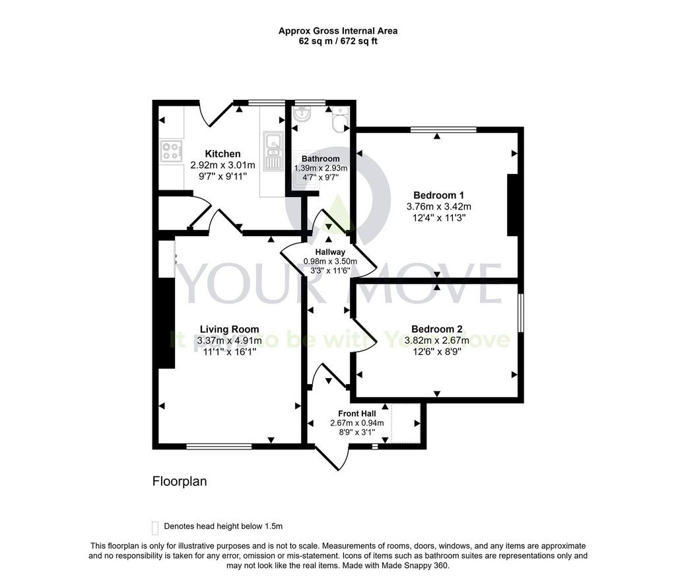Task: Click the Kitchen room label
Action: pyautogui.click(x=222, y=153)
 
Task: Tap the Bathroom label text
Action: pyautogui.click(x=320, y=159)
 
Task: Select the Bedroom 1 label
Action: pyautogui.click(x=438, y=195)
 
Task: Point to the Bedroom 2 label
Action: pyautogui.click(x=437, y=329)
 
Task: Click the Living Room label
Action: pyautogui.click(x=229, y=329)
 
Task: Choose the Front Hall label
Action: pyautogui.click(x=357, y=413)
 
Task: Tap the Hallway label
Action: pyautogui.click(x=330, y=252)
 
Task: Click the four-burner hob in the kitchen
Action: pyautogui.click(x=171, y=151)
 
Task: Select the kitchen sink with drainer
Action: pyautogui.click(x=273, y=151)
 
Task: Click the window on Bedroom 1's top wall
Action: pyautogui.click(x=444, y=129)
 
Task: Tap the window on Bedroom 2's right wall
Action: pyautogui.click(x=521, y=313)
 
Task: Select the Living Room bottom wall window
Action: pyautogui.click(x=219, y=446)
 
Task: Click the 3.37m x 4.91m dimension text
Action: pyautogui.click(x=229, y=340)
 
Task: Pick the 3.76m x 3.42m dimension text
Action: pyautogui.click(x=438, y=206)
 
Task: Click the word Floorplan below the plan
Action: pyautogui.click(x=180, y=481)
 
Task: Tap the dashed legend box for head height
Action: pyautogui.click(x=155, y=527)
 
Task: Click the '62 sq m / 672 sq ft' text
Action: pyautogui.click(x=338, y=42)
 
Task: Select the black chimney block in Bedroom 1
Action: pyautogui.click(x=512, y=205)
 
